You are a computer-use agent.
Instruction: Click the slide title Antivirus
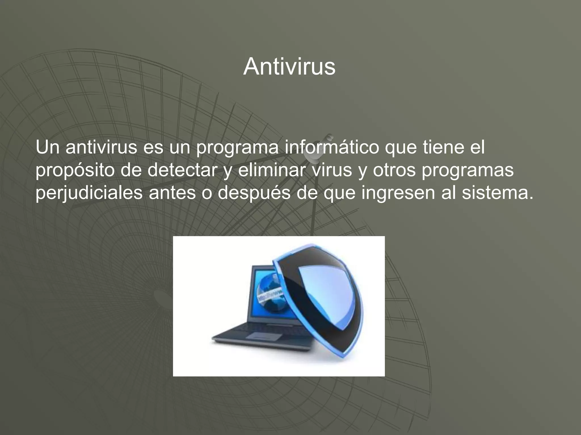pyautogui.click(x=289, y=67)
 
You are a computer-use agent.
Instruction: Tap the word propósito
pyautogui.click(x=74, y=170)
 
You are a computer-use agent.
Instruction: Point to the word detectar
pyautogui.click(x=182, y=170)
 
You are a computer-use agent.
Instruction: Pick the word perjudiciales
pyautogui.click(x=89, y=193)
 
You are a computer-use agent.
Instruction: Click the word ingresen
pyautogui.click(x=398, y=193)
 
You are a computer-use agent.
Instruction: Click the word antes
pyautogui.click(x=172, y=193)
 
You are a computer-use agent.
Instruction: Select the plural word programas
pyautogui.click(x=468, y=170)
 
